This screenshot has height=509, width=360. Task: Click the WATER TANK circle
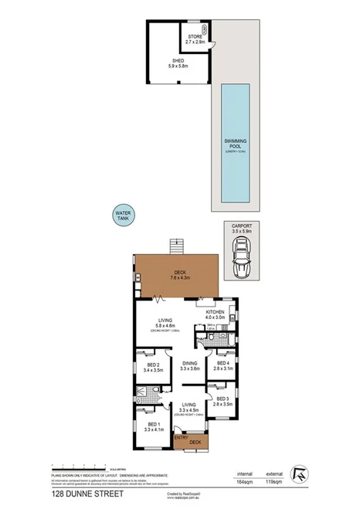(x=123, y=215)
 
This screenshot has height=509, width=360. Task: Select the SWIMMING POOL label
(x=236, y=144)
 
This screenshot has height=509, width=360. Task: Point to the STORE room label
(x=195, y=38)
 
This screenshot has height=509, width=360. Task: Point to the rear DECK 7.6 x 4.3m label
(x=180, y=274)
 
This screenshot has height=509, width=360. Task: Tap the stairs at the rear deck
(x=178, y=246)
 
